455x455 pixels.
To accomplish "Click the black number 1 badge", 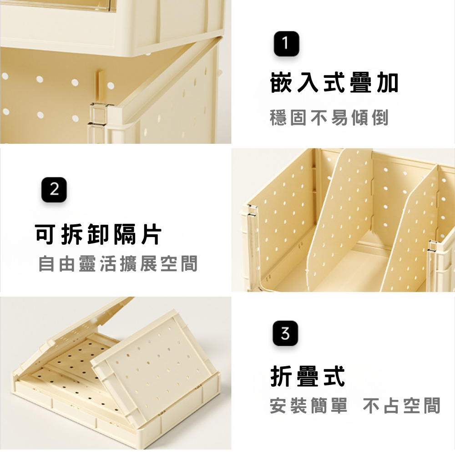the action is point(286,44).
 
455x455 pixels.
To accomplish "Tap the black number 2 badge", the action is point(54,189).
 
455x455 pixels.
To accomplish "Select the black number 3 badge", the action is point(285,333).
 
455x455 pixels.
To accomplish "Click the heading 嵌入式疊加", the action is point(334,83).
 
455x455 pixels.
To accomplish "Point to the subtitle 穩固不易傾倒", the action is point(329,117).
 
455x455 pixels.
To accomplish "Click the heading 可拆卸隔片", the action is point(98,234).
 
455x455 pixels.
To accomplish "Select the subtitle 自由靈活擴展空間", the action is point(118,263).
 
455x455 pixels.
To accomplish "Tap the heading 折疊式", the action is point(308,376).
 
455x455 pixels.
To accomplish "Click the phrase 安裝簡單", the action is point(308,406).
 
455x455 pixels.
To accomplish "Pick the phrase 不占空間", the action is point(402,406).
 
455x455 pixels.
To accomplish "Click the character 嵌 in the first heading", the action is point(281,83).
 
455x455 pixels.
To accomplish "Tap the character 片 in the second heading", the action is point(151,234).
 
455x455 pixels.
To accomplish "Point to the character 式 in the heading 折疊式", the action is point(334,376).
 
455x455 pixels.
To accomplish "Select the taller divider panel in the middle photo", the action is point(340,221).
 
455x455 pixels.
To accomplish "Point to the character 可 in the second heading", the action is point(45,234).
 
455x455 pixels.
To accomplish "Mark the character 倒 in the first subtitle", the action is point(380,117).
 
